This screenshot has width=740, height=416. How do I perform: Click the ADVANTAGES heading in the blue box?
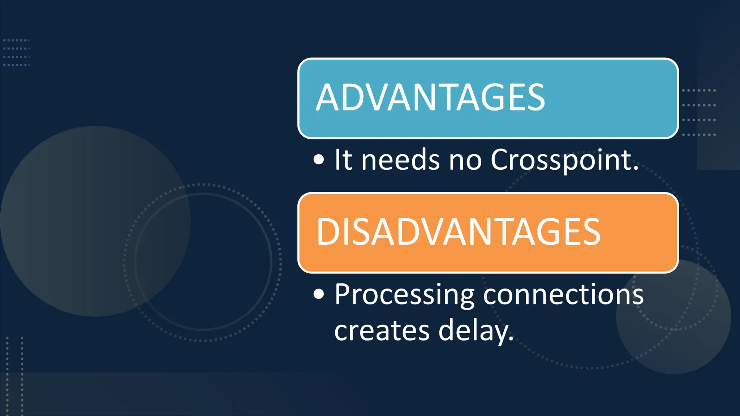(x=430, y=97)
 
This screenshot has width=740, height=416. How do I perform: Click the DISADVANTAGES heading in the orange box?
(x=458, y=232)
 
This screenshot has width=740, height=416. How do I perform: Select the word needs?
(x=400, y=160)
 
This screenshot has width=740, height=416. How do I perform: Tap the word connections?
(x=563, y=294)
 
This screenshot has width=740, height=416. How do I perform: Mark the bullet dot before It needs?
(x=319, y=160)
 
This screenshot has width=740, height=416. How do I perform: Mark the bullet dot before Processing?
(x=319, y=294)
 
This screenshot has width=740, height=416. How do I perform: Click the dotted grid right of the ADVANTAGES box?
(x=699, y=112)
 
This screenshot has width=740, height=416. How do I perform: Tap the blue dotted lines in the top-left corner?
(x=16, y=53)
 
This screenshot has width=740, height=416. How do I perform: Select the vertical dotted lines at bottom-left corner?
(x=14, y=376)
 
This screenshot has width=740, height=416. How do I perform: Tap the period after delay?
(x=511, y=338)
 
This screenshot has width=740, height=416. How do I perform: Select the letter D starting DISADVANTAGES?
(x=326, y=232)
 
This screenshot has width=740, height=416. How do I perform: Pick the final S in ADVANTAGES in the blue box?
(x=535, y=97)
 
